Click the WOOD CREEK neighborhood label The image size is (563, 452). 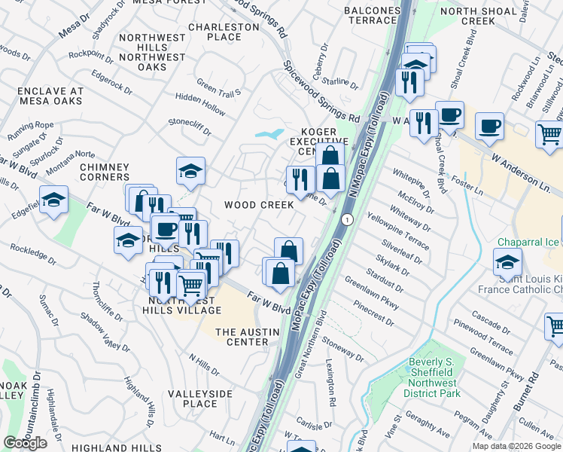pyautogui.click(x=258, y=205)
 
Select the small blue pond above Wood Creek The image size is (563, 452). pyautogui.click(x=269, y=134)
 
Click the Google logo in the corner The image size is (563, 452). pyautogui.click(x=25, y=443)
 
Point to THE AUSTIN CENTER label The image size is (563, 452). pyautogui.click(x=242, y=337)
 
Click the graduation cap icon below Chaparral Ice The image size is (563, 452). pyautogui.click(x=507, y=262)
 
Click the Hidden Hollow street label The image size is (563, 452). pyautogui.click(x=199, y=110)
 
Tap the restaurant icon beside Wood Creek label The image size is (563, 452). pyautogui.click(x=300, y=179)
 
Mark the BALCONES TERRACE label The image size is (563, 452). pyautogui.click(x=372, y=16)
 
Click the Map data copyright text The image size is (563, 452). pyautogui.click(x=516, y=446)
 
